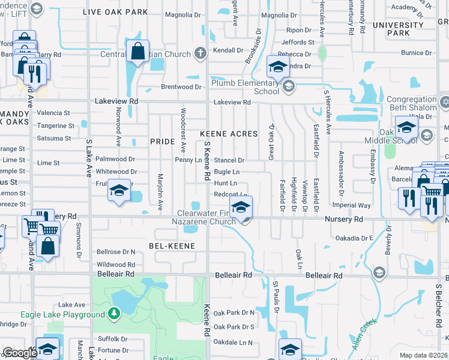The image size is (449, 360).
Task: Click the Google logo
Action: [x=19, y=353]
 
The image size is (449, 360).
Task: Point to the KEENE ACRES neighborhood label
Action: [x=228, y=134]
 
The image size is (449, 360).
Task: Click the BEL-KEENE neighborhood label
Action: [x=172, y=246]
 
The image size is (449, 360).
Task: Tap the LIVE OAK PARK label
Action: [x=115, y=11]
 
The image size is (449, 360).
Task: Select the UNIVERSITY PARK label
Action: [x=399, y=29]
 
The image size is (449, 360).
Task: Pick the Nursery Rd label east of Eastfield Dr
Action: [x=344, y=220]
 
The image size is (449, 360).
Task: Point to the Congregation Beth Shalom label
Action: [x=411, y=104]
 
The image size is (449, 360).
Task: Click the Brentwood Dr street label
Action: [x=181, y=87]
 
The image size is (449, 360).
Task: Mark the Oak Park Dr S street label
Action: [x=234, y=327]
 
